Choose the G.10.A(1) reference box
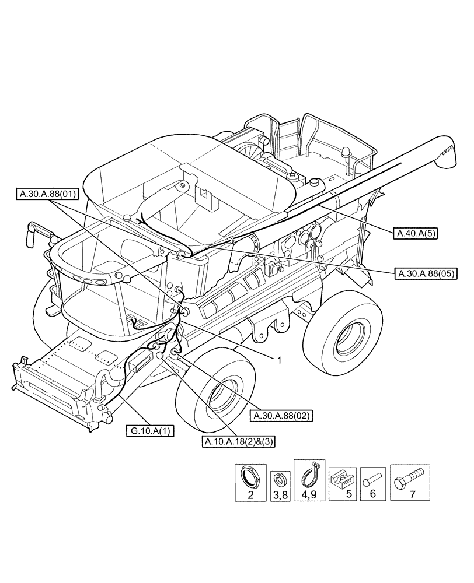148,431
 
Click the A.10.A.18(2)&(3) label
239,441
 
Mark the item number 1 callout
279,360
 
